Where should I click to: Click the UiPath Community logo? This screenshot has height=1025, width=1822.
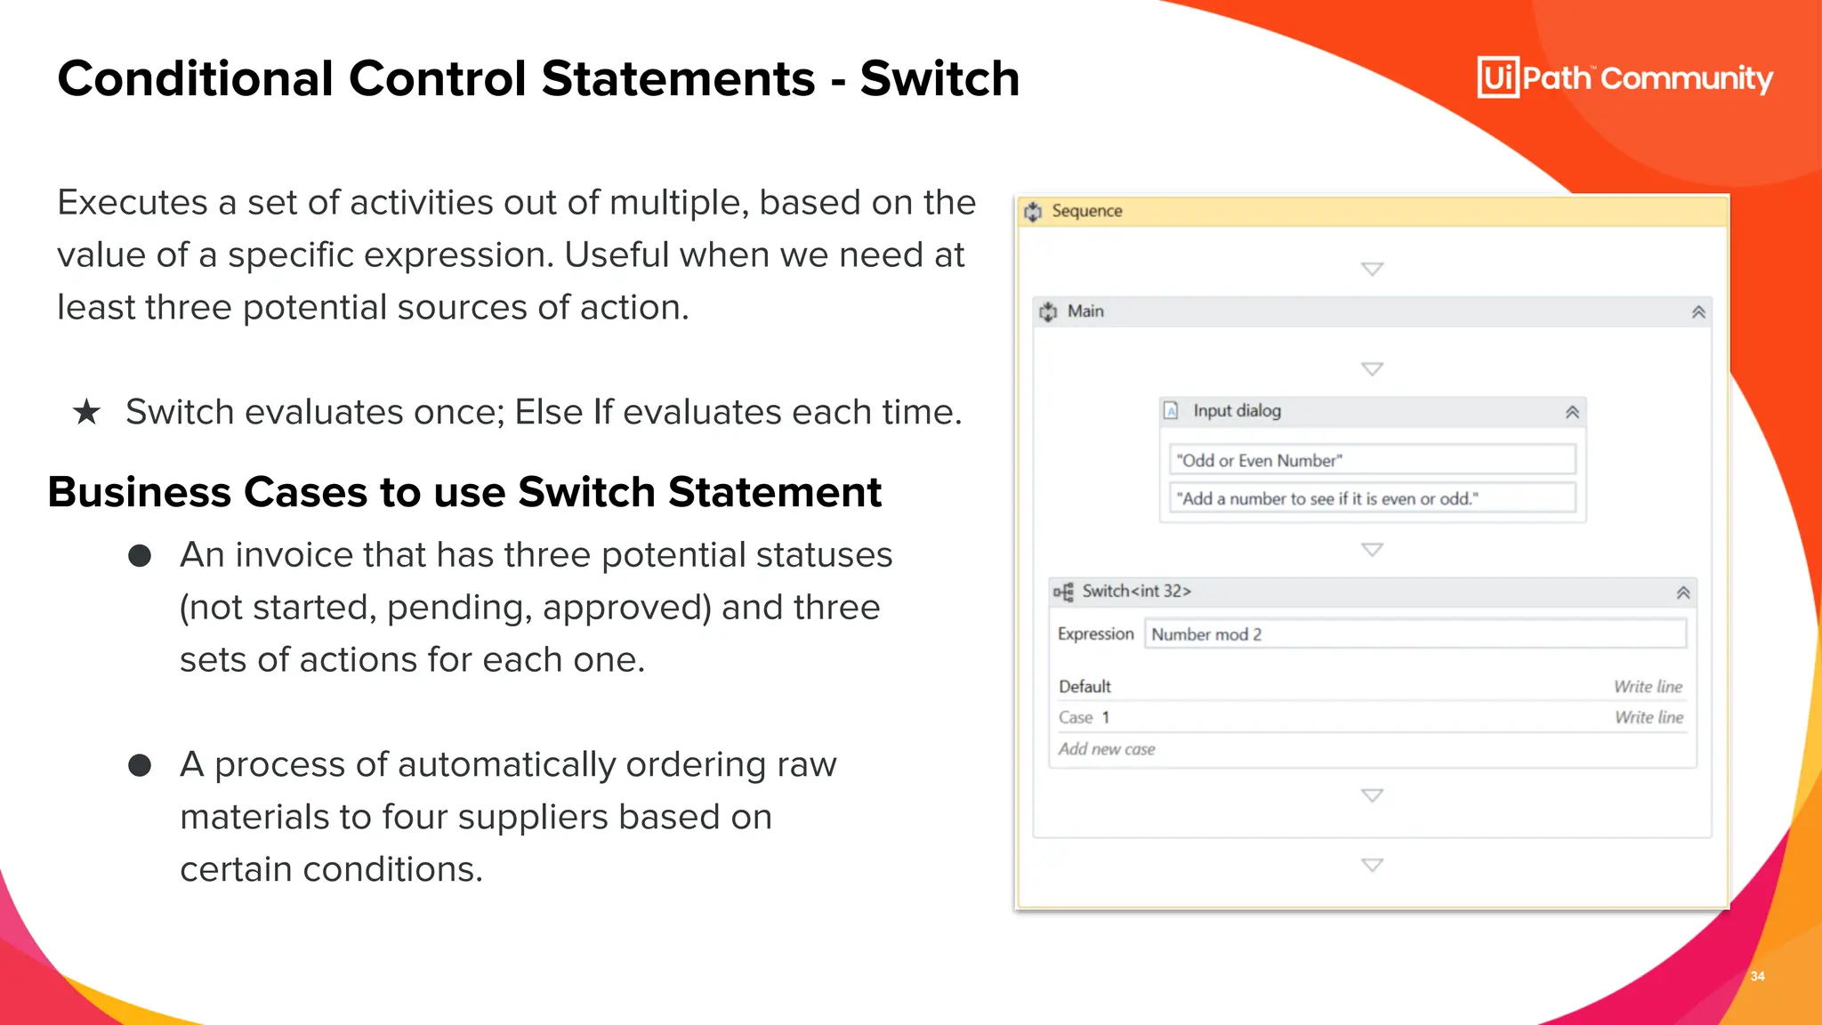[x=1624, y=78]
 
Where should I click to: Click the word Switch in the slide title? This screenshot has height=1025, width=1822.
[x=939, y=78]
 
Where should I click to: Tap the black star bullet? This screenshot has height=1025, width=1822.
[x=86, y=412]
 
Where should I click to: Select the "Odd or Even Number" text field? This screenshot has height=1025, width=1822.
[x=1371, y=460]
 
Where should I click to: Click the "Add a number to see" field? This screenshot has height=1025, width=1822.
[x=1371, y=498]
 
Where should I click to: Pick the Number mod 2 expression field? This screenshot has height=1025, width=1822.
[x=1415, y=634]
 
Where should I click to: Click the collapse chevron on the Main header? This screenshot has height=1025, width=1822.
[x=1698, y=312]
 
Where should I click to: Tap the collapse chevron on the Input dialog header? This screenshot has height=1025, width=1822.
[x=1572, y=412]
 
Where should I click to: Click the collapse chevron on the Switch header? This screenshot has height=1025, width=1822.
[x=1682, y=593]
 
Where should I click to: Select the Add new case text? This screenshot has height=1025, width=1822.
[x=1107, y=749]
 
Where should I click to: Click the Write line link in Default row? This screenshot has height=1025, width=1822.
[x=1648, y=687]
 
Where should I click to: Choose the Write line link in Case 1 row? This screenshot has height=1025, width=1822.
[x=1649, y=717]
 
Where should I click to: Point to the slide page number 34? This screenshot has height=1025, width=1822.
[x=1757, y=976]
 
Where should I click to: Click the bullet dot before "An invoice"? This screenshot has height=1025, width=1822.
[x=140, y=556]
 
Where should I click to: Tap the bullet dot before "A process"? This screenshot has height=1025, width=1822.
[x=140, y=765]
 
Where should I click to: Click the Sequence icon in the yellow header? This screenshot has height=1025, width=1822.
[x=1033, y=212]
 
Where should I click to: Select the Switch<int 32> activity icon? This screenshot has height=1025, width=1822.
[x=1063, y=592]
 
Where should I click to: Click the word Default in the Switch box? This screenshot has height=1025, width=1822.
[x=1084, y=687]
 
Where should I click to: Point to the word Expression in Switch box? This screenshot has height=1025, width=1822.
[x=1095, y=634]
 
